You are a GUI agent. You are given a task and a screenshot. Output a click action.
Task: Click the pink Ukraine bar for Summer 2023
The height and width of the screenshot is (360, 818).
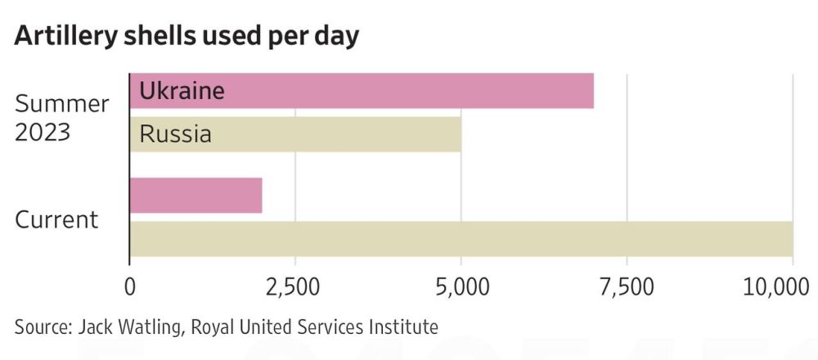coord(362,91)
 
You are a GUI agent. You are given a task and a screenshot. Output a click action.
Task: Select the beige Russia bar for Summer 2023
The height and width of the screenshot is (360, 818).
coord(295,134)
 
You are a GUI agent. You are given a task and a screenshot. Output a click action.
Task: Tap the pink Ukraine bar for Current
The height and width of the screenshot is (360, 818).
coord(196,195)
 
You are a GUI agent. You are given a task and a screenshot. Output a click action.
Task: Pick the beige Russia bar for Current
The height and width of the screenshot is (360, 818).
coord(461,239)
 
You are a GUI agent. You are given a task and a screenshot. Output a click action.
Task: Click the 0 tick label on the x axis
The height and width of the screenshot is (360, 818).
coord(129,287)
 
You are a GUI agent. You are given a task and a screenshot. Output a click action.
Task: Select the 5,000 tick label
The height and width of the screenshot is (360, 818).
coord(461,287)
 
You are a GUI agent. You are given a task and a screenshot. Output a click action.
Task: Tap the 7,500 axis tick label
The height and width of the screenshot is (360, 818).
coord(627,287)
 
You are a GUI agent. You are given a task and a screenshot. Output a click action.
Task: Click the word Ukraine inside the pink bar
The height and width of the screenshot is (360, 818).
coord(182,91)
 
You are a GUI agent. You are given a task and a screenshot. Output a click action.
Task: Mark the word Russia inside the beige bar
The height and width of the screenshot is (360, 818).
coord(176,134)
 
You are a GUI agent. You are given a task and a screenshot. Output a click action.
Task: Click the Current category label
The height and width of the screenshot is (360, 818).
coord(56,219)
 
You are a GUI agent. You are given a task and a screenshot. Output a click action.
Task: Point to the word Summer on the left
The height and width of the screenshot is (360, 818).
coord(61,104)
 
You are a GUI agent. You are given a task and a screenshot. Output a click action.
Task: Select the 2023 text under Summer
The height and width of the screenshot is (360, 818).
coord(43,133)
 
